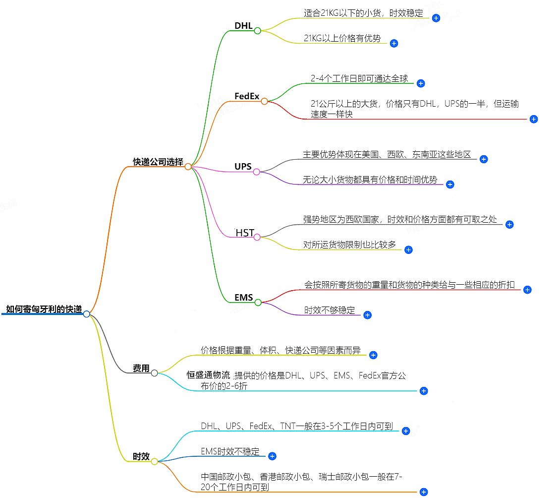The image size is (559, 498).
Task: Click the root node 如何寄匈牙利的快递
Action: (44, 309)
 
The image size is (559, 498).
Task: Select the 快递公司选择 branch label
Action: (158, 162)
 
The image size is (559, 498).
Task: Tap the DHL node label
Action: (243, 26)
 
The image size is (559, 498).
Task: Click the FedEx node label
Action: (247, 96)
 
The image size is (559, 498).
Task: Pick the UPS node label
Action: (243, 167)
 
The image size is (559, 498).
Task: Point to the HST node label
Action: (245, 233)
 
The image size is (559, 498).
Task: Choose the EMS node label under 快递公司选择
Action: (244, 298)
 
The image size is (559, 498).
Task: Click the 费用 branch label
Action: (141, 368)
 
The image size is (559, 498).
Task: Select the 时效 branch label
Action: (141, 456)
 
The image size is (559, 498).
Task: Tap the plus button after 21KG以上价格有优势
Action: (394, 43)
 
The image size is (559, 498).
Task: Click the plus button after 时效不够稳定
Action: (367, 315)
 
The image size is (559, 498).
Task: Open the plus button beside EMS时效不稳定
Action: (272, 456)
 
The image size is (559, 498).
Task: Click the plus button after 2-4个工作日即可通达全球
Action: (421, 83)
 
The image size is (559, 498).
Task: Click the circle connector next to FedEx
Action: (264, 101)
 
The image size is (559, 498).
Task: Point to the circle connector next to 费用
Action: (155, 373)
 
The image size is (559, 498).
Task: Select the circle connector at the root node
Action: (87, 314)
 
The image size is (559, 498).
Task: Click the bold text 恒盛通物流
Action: (208, 375)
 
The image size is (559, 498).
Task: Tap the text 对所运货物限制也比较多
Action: (349, 245)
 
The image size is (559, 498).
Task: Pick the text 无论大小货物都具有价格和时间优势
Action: (370, 180)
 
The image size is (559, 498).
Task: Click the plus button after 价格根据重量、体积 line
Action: (374, 355)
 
